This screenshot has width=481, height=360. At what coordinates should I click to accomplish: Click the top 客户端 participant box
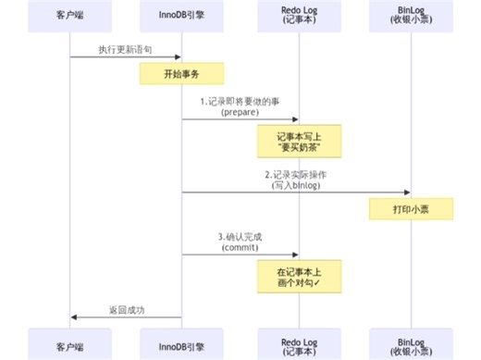[70, 17]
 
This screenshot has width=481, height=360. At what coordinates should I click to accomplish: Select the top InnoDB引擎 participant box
[181, 17]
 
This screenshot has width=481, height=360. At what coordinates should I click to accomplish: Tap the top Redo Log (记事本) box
[299, 17]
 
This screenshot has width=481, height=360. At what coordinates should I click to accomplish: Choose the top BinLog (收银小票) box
[411, 17]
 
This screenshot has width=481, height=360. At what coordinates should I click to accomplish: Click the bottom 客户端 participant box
[70, 343]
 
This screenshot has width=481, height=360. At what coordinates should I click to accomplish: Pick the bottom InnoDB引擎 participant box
[181, 343]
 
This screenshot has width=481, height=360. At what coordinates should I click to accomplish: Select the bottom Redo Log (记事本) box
[299, 343]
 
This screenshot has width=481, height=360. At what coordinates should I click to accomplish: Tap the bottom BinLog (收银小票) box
[411, 343]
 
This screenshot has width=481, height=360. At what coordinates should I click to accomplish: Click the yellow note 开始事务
[181, 73]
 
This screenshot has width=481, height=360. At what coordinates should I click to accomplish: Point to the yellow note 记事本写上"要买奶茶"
[299, 142]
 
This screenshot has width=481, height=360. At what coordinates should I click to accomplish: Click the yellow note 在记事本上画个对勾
[299, 277]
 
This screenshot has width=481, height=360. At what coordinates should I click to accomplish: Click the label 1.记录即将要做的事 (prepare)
[240, 105]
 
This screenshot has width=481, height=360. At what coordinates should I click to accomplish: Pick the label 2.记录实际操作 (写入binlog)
[296, 179]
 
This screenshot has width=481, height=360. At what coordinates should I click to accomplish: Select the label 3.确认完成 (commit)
[240, 241]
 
